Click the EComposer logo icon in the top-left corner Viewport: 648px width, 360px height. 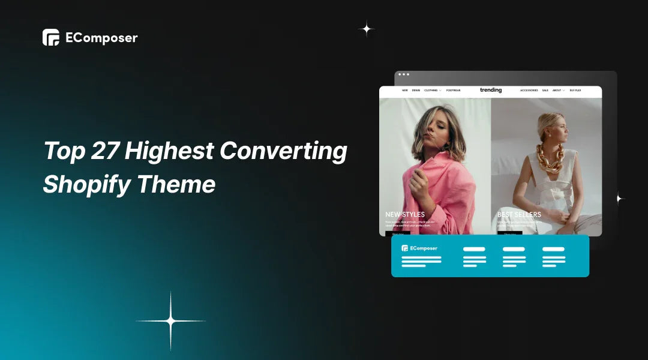(51, 37)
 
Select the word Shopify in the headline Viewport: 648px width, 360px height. (85, 184)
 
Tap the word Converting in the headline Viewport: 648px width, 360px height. (283, 151)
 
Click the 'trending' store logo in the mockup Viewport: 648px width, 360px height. (491, 90)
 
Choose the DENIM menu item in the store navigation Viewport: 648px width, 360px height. (416, 91)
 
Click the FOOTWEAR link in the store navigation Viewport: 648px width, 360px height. (453, 91)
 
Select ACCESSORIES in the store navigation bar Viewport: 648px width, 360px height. (529, 91)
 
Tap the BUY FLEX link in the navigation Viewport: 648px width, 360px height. (575, 91)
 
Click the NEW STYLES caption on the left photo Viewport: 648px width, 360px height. (405, 214)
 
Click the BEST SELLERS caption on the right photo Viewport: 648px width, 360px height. (519, 214)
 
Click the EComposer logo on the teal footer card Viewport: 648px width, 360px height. (420, 248)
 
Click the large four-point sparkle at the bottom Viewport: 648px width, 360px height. (170, 322)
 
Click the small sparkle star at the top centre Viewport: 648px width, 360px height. (366, 28)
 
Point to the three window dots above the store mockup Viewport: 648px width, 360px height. (404, 74)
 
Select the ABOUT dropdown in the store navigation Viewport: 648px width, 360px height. (558, 91)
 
